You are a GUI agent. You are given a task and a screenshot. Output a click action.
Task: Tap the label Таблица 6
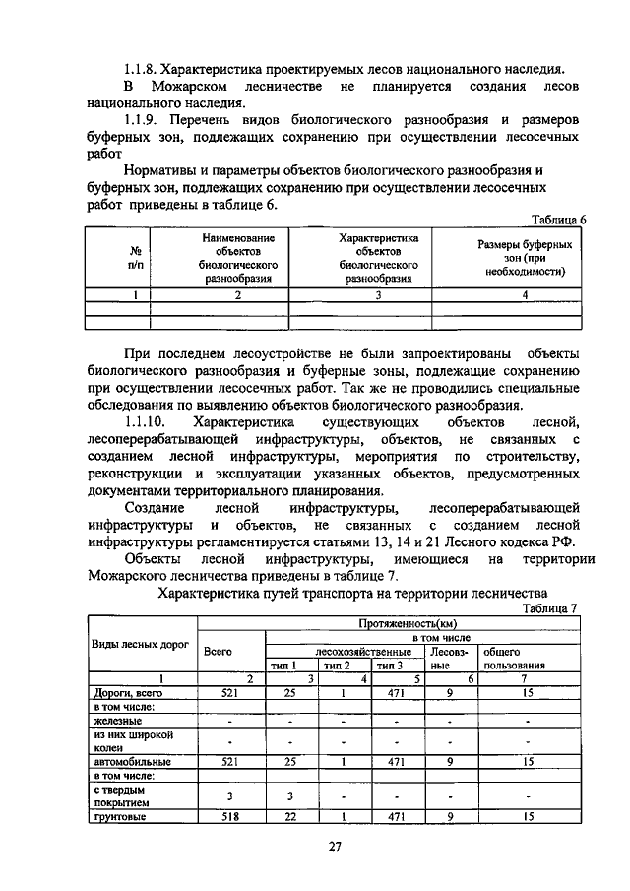(x=558, y=220)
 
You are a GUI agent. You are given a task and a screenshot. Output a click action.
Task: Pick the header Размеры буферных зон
(x=525, y=258)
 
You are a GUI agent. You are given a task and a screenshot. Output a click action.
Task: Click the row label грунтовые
(x=118, y=816)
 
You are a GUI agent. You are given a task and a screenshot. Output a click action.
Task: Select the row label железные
(x=115, y=721)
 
